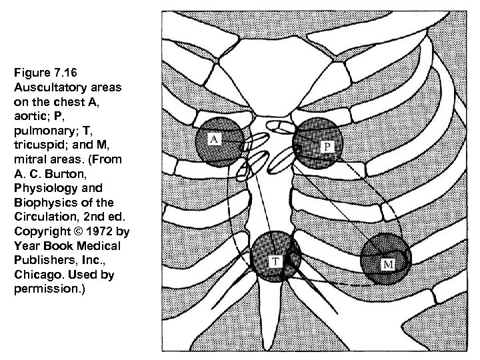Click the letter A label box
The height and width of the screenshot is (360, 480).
click(215, 139)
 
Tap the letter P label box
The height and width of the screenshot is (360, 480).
click(329, 145)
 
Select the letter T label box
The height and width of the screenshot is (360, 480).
click(274, 261)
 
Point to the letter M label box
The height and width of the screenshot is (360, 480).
click(388, 265)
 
